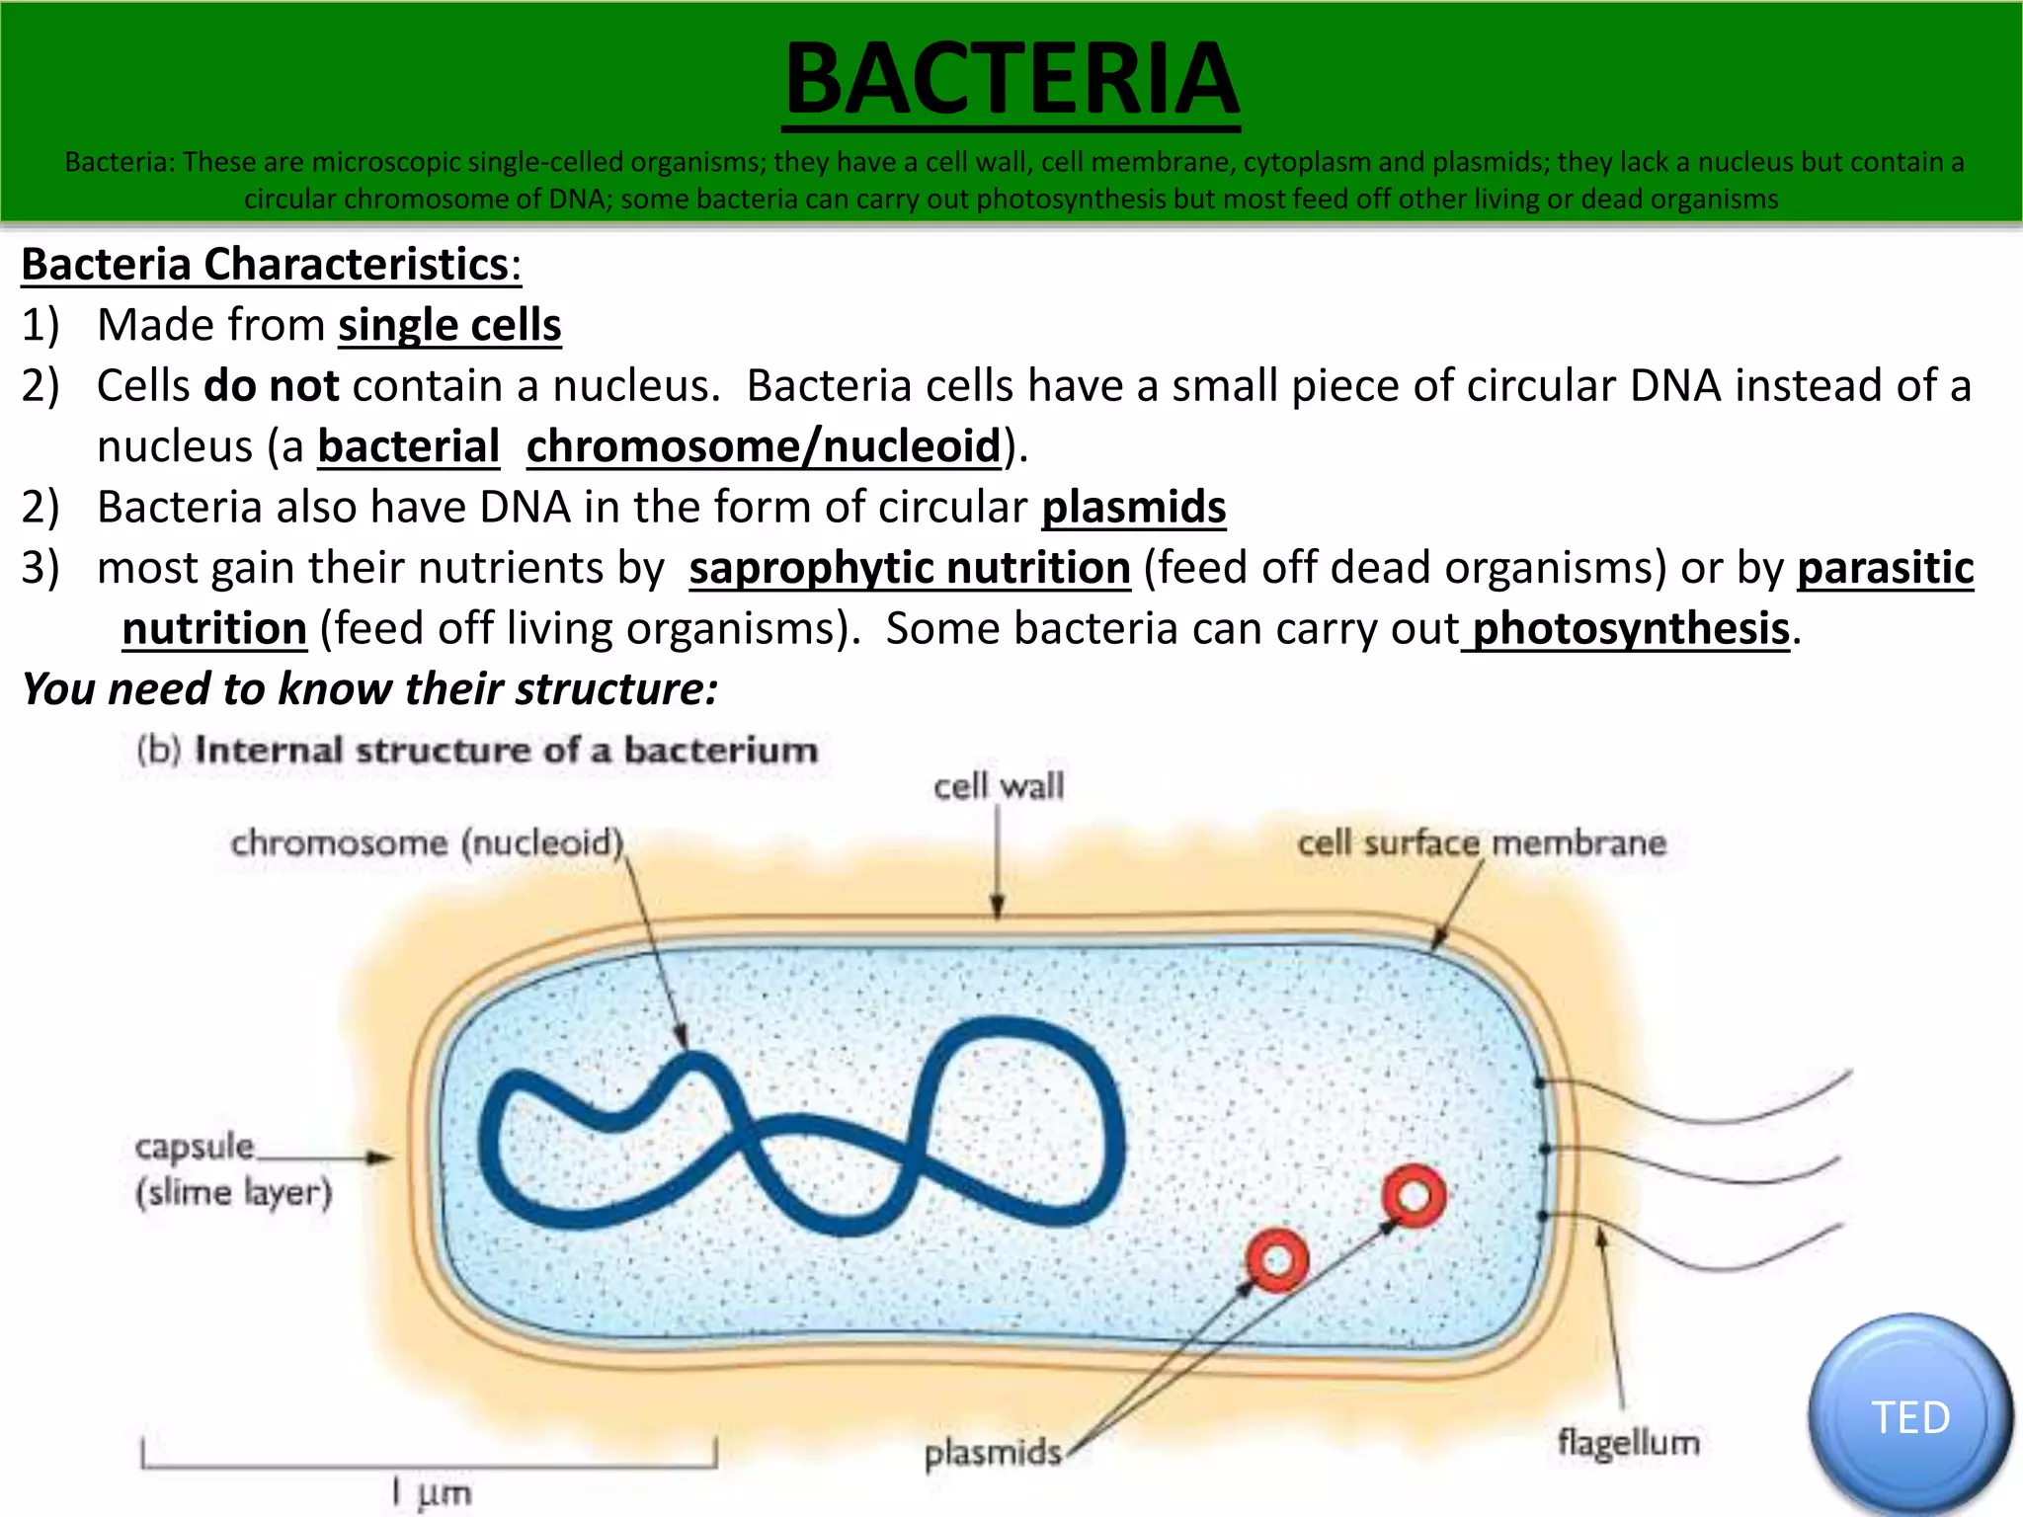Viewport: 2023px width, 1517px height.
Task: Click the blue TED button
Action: tap(1909, 1416)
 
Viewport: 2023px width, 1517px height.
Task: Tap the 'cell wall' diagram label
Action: tap(999, 787)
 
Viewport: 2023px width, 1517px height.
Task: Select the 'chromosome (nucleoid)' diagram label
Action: tap(427, 843)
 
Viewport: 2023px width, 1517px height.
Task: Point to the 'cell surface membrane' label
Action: tap(1481, 843)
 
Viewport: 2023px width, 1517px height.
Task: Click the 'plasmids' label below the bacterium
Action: tap(993, 1453)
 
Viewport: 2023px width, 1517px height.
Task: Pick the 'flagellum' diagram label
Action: tap(1628, 1443)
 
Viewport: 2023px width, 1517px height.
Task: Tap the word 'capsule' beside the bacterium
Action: tap(195, 1147)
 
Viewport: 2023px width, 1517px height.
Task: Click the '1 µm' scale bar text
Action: tap(432, 1492)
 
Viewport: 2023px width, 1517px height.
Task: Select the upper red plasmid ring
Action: tap(1414, 1196)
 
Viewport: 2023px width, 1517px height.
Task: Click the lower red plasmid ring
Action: tap(1277, 1260)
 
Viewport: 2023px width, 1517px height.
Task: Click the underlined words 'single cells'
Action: tap(449, 325)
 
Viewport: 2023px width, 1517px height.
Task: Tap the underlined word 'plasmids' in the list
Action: tap(1133, 508)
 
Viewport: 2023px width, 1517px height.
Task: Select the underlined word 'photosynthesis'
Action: tap(1630, 629)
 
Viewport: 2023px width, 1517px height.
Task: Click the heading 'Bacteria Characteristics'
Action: tap(265, 265)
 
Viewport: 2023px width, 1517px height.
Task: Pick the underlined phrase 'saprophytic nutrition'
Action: tap(910, 569)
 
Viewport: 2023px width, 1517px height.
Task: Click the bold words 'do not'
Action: tap(271, 386)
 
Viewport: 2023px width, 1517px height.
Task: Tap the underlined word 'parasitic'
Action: tap(1885, 569)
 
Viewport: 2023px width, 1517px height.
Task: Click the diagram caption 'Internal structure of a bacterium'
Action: tap(506, 751)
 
